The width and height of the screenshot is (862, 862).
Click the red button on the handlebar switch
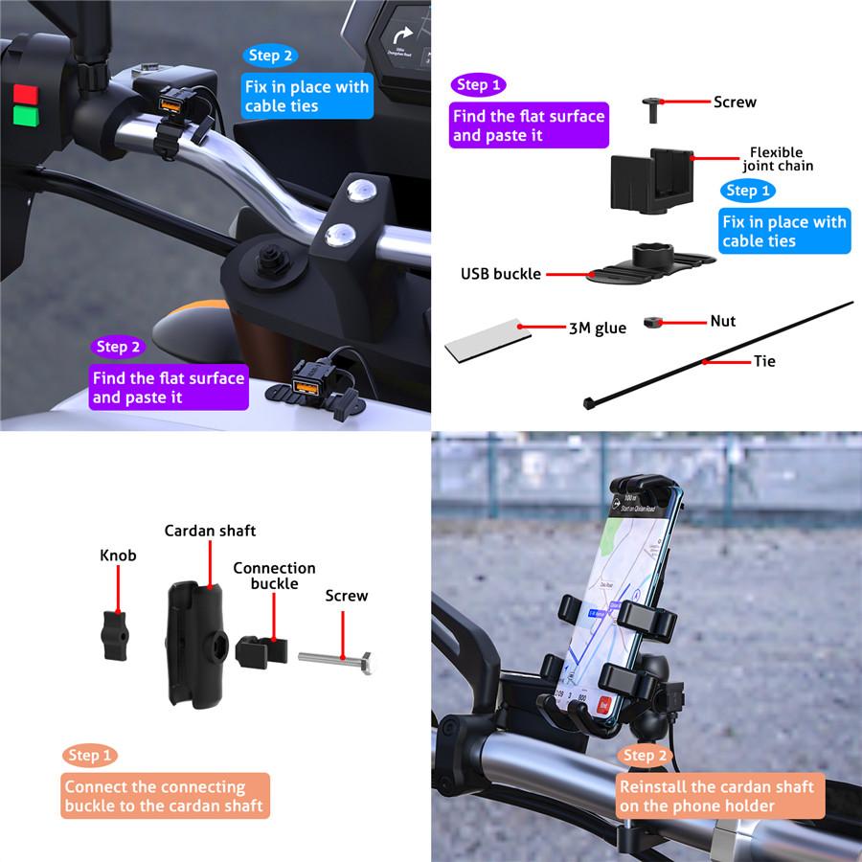click(x=25, y=94)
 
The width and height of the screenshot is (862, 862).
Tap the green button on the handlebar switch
click(x=25, y=117)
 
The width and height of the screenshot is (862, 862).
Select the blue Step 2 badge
click(x=271, y=56)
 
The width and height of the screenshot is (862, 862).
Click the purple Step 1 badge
click(x=478, y=85)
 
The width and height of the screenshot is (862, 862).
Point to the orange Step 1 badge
click(x=90, y=756)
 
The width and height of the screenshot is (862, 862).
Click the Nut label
click(x=722, y=322)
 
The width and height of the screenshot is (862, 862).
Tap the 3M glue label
click(x=597, y=329)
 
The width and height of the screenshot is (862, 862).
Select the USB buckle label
click(x=500, y=274)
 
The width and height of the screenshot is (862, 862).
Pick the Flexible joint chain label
click(x=777, y=159)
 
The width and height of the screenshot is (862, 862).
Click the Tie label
click(x=764, y=361)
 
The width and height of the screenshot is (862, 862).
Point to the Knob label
click(x=118, y=556)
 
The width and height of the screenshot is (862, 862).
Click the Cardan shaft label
click(x=210, y=531)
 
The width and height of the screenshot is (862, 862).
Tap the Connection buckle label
click(x=274, y=576)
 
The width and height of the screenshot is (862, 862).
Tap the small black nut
click(x=654, y=323)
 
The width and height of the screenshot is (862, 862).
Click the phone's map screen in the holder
click(x=633, y=575)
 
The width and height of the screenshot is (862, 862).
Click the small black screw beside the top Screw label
click(x=651, y=107)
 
